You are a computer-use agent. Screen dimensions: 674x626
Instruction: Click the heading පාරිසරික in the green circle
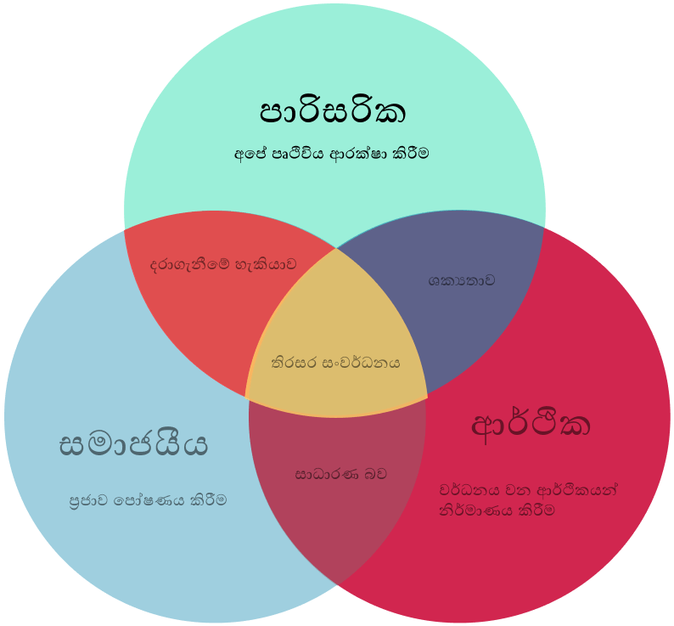pyautogui.click(x=333, y=112)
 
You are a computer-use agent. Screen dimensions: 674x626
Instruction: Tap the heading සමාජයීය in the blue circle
pyautogui.click(x=133, y=444)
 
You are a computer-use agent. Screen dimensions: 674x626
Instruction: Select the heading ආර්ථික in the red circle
pyautogui.click(x=531, y=426)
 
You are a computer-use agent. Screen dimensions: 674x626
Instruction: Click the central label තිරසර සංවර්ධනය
pyautogui.click(x=335, y=363)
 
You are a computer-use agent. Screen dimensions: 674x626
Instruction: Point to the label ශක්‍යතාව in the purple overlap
pyautogui.click(x=462, y=281)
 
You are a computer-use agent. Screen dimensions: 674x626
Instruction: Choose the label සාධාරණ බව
pyautogui.click(x=341, y=474)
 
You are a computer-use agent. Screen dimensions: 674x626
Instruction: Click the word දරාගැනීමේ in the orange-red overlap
pyautogui.click(x=190, y=264)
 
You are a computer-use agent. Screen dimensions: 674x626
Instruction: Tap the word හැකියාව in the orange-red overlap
pyautogui.click(x=266, y=264)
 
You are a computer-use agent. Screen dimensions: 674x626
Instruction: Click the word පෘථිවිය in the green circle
pyautogui.click(x=298, y=154)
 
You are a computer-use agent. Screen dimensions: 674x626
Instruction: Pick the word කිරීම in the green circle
pyautogui.click(x=411, y=153)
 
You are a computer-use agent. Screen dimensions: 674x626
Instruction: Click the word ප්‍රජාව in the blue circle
pyautogui.click(x=89, y=501)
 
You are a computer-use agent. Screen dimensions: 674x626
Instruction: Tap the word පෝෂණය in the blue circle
pyautogui.click(x=149, y=501)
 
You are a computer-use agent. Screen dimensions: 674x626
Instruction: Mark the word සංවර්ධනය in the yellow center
pyautogui.click(x=361, y=363)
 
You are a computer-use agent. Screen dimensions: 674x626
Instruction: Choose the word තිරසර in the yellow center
pyautogui.click(x=294, y=363)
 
